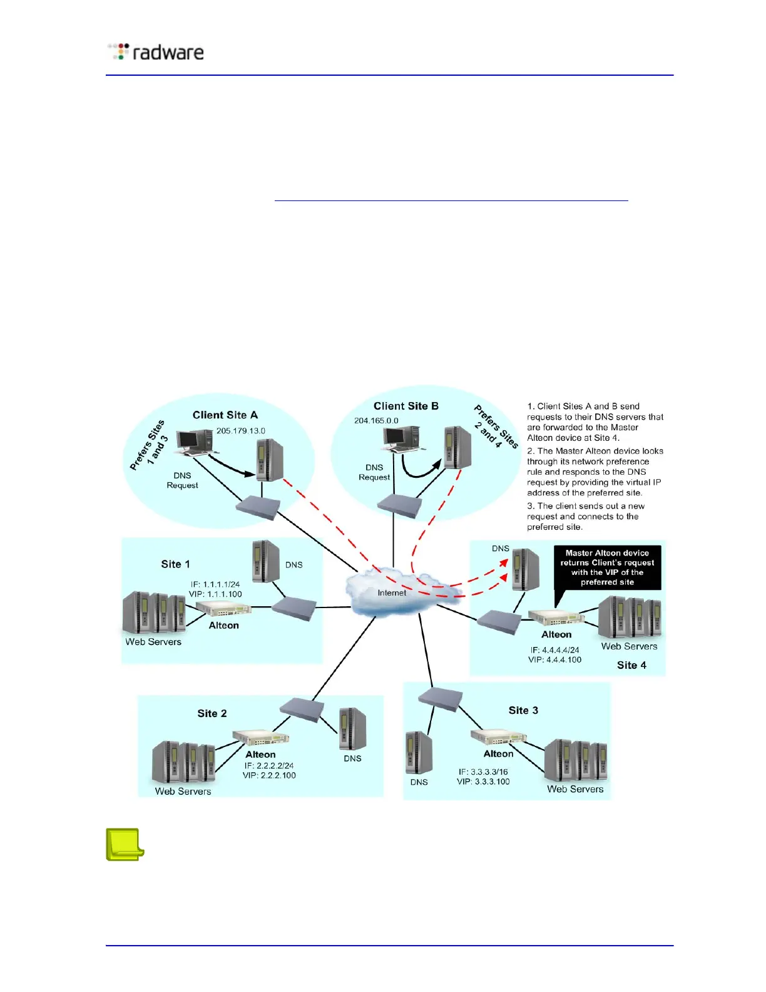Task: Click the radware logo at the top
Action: pyautogui.click(x=156, y=52)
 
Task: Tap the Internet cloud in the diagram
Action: pyautogui.click(x=391, y=592)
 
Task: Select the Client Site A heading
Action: pyautogui.click(x=225, y=415)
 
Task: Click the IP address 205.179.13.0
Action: pyautogui.click(x=241, y=431)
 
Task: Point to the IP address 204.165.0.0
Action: pyautogui.click(x=376, y=421)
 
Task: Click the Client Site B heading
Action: pyautogui.click(x=406, y=406)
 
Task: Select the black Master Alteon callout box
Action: pyautogui.click(x=607, y=567)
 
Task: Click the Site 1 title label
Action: pyautogui.click(x=175, y=564)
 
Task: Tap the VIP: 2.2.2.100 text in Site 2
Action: pyautogui.click(x=269, y=775)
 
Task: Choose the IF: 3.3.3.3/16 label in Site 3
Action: pyautogui.click(x=483, y=772)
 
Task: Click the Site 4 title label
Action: pyautogui.click(x=631, y=665)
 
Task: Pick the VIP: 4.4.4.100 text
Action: pyautogui.click(x=554, y=659)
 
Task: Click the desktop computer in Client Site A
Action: pyautogui.click(x=195, y=441)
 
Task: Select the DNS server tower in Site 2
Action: pyautogui.click(x=353, y=728)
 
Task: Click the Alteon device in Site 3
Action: pyautogui.click(x=498, y=736)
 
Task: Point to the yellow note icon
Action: pyautogui.click(x=125, y=844)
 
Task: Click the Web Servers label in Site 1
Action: pyautogui.click(x=153, y=642)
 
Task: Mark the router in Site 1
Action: pyautogui.click(x=294, y=608)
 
